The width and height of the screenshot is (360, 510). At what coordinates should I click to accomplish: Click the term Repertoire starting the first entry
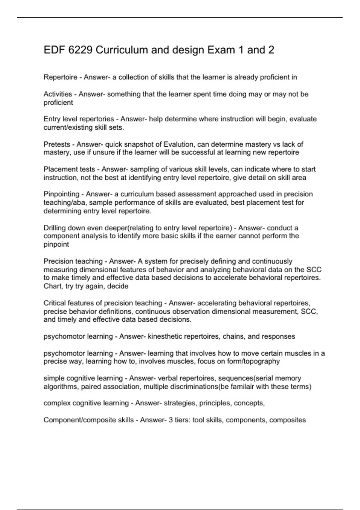pos(60,77)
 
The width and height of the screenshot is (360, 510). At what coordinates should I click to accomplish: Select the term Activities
pos(58,94)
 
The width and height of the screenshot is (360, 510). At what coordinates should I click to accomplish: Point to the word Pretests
pos(57,144)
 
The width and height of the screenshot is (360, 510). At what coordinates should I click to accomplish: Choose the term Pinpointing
pos(61,194)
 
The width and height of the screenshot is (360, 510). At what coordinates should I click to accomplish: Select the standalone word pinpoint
pos(56,244)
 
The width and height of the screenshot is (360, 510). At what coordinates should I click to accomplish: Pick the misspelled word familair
pos(242,387)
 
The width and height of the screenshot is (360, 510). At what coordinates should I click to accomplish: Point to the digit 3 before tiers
pos(170,420)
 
